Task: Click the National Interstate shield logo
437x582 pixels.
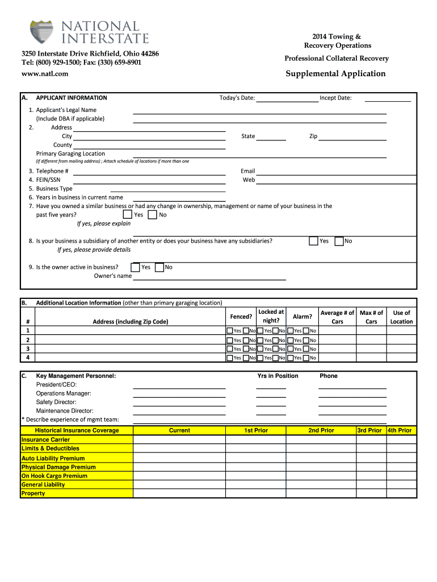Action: point(42,32)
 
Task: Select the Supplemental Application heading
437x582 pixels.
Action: point(335,74)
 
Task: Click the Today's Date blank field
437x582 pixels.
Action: point(287,98)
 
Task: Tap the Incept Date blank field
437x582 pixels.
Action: point(387,98)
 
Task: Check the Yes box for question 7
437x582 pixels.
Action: point(128,215)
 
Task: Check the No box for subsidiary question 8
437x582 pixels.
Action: point(339,241)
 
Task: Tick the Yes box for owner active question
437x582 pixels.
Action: point(135,267)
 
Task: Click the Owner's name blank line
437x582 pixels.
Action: point(209,276)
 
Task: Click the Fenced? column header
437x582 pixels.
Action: point(241,317)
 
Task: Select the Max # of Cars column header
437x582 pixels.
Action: point(371,317)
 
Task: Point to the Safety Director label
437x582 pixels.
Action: point(56,402)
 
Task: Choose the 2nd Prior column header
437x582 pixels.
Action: point(321,430)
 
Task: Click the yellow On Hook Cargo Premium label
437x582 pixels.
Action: point(54,476)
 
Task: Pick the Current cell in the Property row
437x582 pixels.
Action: point(179,493)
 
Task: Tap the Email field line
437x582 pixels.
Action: point(321,171)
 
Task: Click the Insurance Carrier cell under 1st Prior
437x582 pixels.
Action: point(256,439)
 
